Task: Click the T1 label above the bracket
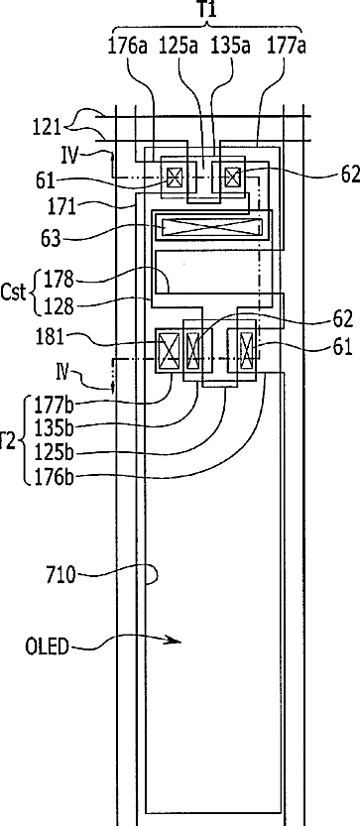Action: coord(208,9)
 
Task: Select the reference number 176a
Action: coord(129,47)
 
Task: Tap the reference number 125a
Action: coord(179,47)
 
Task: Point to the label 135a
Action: coord(230,47)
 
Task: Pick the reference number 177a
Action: coord(287,47)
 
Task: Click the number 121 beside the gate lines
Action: coord(48,128)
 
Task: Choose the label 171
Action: coord(61,206)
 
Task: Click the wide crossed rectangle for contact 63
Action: coord(212,227)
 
